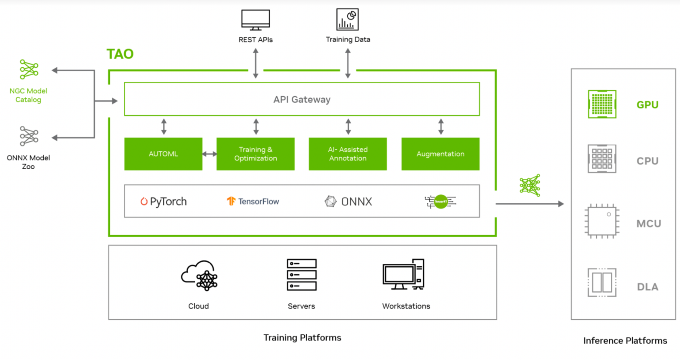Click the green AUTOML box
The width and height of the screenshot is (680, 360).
(x=163, y=154)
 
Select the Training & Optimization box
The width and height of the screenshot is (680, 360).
(x=255, y=154)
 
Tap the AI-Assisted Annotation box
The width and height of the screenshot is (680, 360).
(x=348, y=154)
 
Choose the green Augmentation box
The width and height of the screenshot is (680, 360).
(x=440, y=154)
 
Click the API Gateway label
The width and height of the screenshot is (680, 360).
(x=301, y=100)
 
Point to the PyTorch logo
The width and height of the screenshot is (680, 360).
(x=163, y=201)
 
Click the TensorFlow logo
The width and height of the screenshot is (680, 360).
(x=253, y=201)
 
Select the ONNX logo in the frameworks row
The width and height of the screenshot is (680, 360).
(x=348, y=201)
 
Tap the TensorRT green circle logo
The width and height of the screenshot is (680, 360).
(x=440, y=201)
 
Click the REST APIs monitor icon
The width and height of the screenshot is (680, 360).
(x=255, y=20)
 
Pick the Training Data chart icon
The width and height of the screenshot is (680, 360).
(x=348, y=19)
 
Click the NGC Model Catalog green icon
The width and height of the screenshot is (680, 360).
(x=29, y=70)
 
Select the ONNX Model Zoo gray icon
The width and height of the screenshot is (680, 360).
(x=29, y=136)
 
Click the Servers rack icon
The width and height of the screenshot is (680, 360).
(x=301, y=275)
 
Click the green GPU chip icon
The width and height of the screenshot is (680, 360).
(x=602, y=104)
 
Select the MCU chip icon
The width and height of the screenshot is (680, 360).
(x=602, y=221)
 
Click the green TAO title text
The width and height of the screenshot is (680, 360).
(x=120, y=54)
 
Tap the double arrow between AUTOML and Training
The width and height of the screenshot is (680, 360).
(x=209, y=154)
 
